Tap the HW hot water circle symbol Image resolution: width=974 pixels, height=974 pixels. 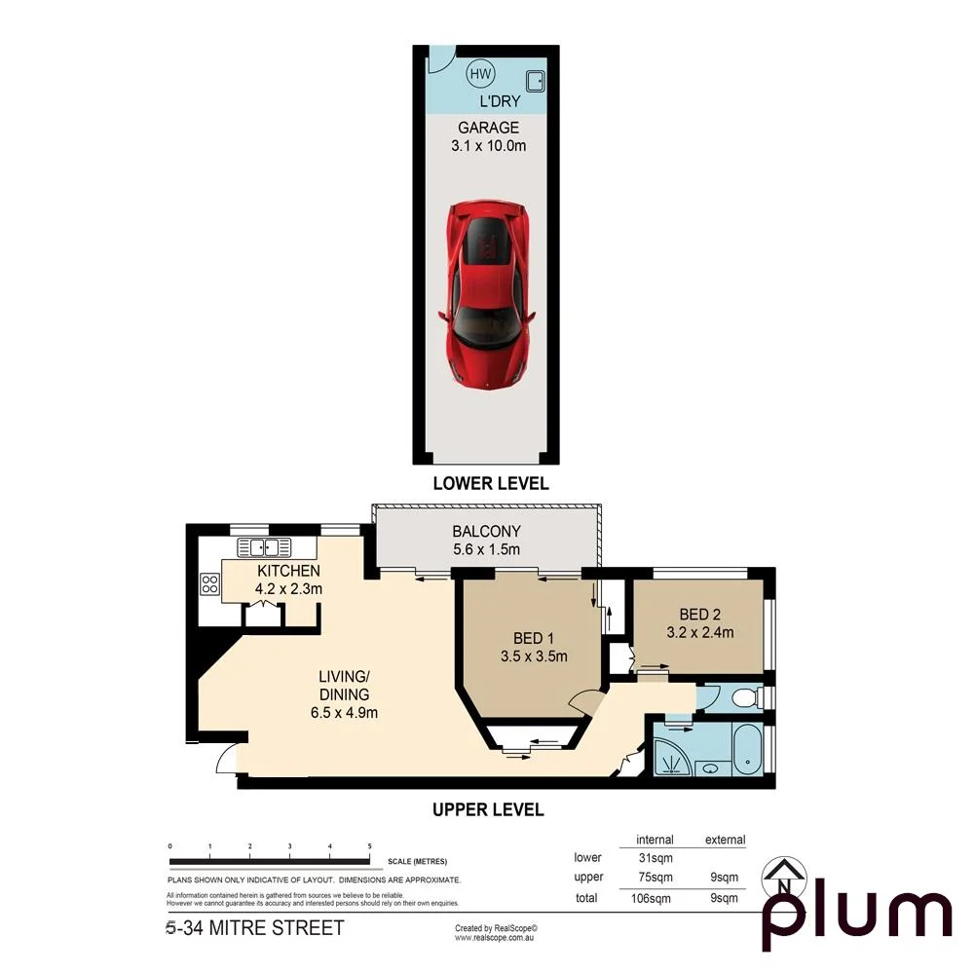click(x=480, y=74)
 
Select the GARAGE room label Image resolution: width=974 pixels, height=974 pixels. click(x=489, y=128)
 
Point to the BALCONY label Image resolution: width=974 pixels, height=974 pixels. click(x=486, y=532)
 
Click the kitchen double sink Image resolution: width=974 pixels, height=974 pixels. click(x=258, y=546)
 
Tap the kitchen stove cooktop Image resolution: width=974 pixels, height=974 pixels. click(x=209, y=583)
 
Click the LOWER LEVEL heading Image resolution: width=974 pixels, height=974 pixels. click(x=491, y=483)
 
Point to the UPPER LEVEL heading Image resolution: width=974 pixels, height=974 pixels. click(x=487, y=809)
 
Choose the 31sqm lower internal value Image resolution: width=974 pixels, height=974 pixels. click(x=655, y=858)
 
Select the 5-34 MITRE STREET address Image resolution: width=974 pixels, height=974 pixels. click(x=255, y=928)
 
